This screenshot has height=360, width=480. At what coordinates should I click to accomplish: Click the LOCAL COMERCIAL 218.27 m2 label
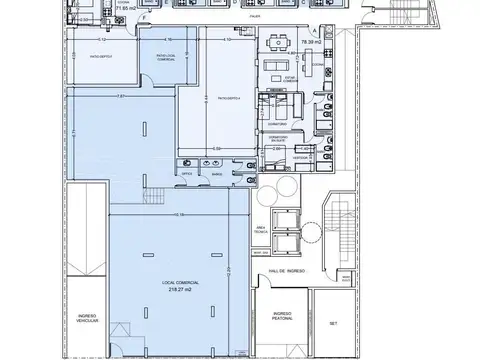(180, 286)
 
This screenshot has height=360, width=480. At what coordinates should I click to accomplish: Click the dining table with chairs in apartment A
(279, 48)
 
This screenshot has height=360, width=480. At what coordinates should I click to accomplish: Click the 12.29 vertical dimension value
(229, 270)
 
